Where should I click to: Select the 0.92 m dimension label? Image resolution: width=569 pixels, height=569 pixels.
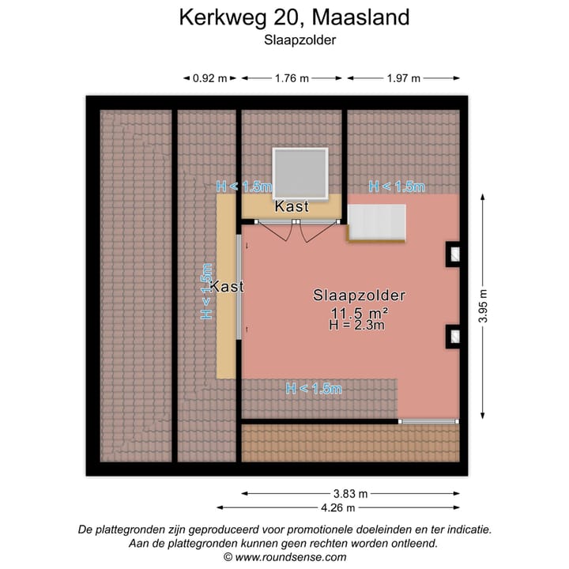[209, 78]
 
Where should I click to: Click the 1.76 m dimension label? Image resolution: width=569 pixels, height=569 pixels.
[292, 78]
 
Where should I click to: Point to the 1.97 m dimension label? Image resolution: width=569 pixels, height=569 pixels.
[403, 78]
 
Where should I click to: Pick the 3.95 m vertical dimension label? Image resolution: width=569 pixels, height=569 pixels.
[483, 305]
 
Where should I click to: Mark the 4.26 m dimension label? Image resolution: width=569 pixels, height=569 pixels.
[337, 507]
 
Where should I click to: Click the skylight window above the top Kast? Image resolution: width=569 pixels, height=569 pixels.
[300, 173]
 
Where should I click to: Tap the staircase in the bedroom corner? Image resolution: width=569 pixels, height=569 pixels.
[377, 223]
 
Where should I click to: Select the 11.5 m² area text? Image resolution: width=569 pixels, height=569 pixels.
[359, 313]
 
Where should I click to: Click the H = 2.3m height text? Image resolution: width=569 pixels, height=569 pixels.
[357, 325]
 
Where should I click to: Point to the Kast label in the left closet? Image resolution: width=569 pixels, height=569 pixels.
[227, 287]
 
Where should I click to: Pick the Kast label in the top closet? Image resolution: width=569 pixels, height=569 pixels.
[292, 206]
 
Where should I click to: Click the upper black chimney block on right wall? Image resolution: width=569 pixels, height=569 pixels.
[454, 251]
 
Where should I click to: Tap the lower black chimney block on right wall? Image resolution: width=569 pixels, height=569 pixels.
[454, 337]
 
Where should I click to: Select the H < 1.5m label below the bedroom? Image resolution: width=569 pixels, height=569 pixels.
[314, 388]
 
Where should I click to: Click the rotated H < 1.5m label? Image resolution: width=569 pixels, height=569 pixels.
[208, 291]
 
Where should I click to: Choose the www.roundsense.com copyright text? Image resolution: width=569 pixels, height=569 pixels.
[284, 557]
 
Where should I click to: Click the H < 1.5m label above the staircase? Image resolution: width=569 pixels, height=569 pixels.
[398, 187]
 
